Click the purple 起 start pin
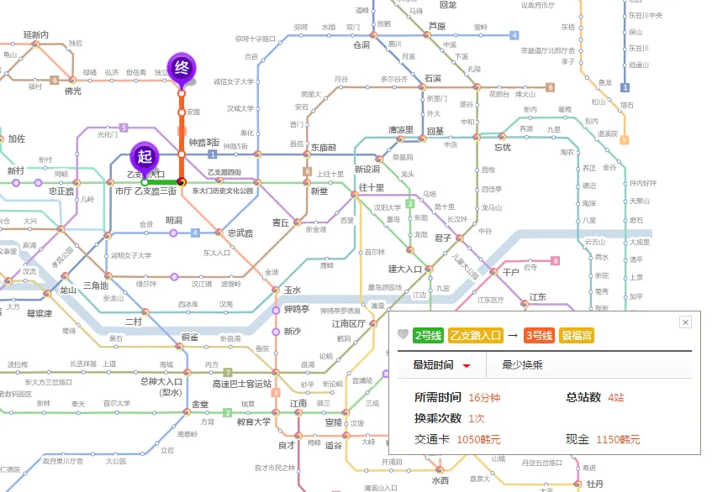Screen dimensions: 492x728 [145, 156]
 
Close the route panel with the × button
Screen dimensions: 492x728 [685, 322]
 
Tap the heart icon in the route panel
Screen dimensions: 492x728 [403, 335]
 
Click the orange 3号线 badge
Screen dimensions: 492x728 [539, 335]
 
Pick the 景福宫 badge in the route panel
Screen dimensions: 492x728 [578, 335]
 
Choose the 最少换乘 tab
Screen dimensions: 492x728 [522, 364]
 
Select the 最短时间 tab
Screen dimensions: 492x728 [434, 364]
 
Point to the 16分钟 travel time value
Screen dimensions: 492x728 [484, 397]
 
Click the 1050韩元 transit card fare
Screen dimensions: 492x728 [478, 439]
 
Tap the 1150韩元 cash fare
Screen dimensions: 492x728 [618, 439]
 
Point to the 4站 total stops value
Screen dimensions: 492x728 [616, 397]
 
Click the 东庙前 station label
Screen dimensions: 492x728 [323, 147]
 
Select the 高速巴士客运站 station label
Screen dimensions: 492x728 [242, 384]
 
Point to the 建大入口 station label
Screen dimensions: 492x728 [404, 269]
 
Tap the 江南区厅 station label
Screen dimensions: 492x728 [349, 323]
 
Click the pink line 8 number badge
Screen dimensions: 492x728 [555, 261]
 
